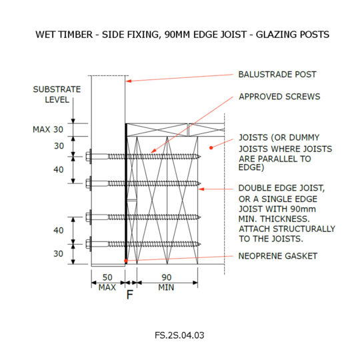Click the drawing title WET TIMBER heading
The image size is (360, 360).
[182, 35]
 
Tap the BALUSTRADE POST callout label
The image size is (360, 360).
[277, 75]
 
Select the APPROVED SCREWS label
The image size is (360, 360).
[279, 97]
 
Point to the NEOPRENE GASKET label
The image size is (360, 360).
[278, 256]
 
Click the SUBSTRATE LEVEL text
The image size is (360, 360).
[57, 95]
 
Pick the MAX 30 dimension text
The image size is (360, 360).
[48, 129]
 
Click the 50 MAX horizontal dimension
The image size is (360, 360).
[107, 282]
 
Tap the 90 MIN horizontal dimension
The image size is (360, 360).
[166, 282]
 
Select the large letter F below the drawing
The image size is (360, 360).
[130, 295]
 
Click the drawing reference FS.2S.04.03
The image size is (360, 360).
[179, 335]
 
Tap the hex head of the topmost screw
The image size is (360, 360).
[89, 157]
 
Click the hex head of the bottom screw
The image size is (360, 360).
[89, 244]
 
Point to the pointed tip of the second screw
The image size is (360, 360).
[201, 183]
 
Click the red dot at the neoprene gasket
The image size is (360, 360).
[126, 261]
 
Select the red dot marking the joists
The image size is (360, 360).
[211, 147]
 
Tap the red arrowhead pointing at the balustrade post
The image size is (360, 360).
[129, 81]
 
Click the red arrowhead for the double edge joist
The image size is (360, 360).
[201, 189]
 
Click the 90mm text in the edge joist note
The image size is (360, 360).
[303, 209]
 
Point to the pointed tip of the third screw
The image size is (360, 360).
[201, 217]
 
